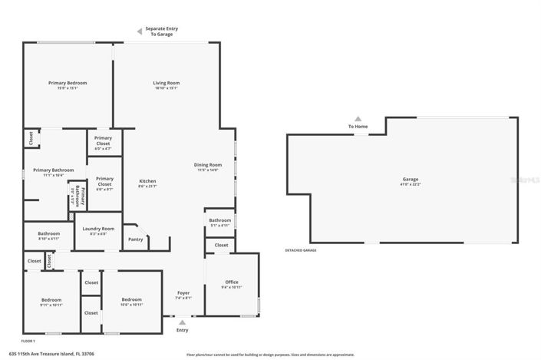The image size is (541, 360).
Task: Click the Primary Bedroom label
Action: coord(68,83)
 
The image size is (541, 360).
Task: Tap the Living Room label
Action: coord(166,83)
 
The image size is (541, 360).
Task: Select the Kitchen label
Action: coord(147,182)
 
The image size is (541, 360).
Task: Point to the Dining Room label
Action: coord(207,165)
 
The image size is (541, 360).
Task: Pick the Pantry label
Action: coord(136,239)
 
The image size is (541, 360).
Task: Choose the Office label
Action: coord(232,282)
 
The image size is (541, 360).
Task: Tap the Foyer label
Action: coord(183,292)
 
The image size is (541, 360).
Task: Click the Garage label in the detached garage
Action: coord(411,180)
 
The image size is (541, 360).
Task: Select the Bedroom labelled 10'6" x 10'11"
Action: coord(132,300)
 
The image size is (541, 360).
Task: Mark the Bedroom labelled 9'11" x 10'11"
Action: coord(51,300)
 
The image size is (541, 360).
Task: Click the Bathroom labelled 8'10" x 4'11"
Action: coord(49,233)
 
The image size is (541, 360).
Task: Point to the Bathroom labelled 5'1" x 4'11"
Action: coord(219,220)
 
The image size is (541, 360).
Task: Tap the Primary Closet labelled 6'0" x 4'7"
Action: coord(103,140)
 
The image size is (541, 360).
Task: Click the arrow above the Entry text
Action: coord(182,322)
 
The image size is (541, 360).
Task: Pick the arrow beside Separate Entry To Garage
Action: coord(139,31)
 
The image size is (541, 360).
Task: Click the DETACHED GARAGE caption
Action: coord(300,250)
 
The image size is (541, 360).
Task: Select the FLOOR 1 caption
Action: coord(28,340)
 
